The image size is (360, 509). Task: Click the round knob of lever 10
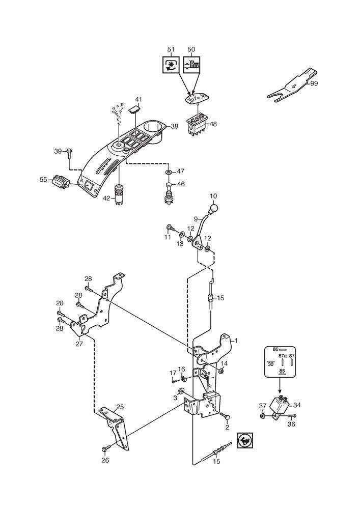coord(213,208)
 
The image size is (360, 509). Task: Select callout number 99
coord(314,83)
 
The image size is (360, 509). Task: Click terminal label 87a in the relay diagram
coord(283,356)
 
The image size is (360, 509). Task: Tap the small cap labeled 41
coord(135,109)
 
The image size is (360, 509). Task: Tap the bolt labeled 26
coord(106,449)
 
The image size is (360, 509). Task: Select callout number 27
coord(79,344)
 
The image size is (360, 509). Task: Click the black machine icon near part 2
coord(245,440)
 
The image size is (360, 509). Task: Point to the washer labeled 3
coord(181,390)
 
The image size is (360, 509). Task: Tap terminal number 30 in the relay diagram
coord(271,364)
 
